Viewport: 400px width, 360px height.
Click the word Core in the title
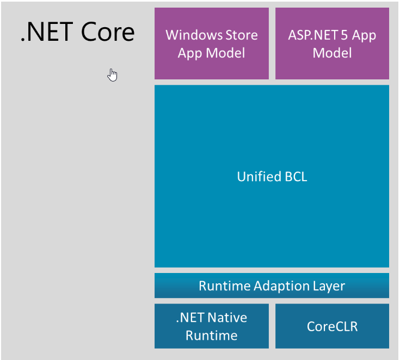pyautogui.click(x=108, y=32)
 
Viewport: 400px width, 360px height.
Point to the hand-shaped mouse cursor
pyautogui.click(x=112, y=75)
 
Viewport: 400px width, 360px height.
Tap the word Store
pyautogui.click(x=239, y=35)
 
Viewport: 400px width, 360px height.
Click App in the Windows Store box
pyautogui.click(x=190, y=53)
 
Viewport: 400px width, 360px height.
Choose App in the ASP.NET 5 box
pyautogui.click(x=364, y=35)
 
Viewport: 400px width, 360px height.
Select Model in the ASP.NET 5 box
pyautogui.click(x=332, y=53)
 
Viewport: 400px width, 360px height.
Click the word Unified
pyautogui.click(x=258, y=176)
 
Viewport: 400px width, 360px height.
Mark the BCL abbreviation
pyautogui.click(x=294, y=176)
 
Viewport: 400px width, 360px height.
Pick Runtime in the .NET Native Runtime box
pyautogui.click(x=211, y=336)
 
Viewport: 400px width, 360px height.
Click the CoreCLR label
pyautogui.click(x=332, y=326)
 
